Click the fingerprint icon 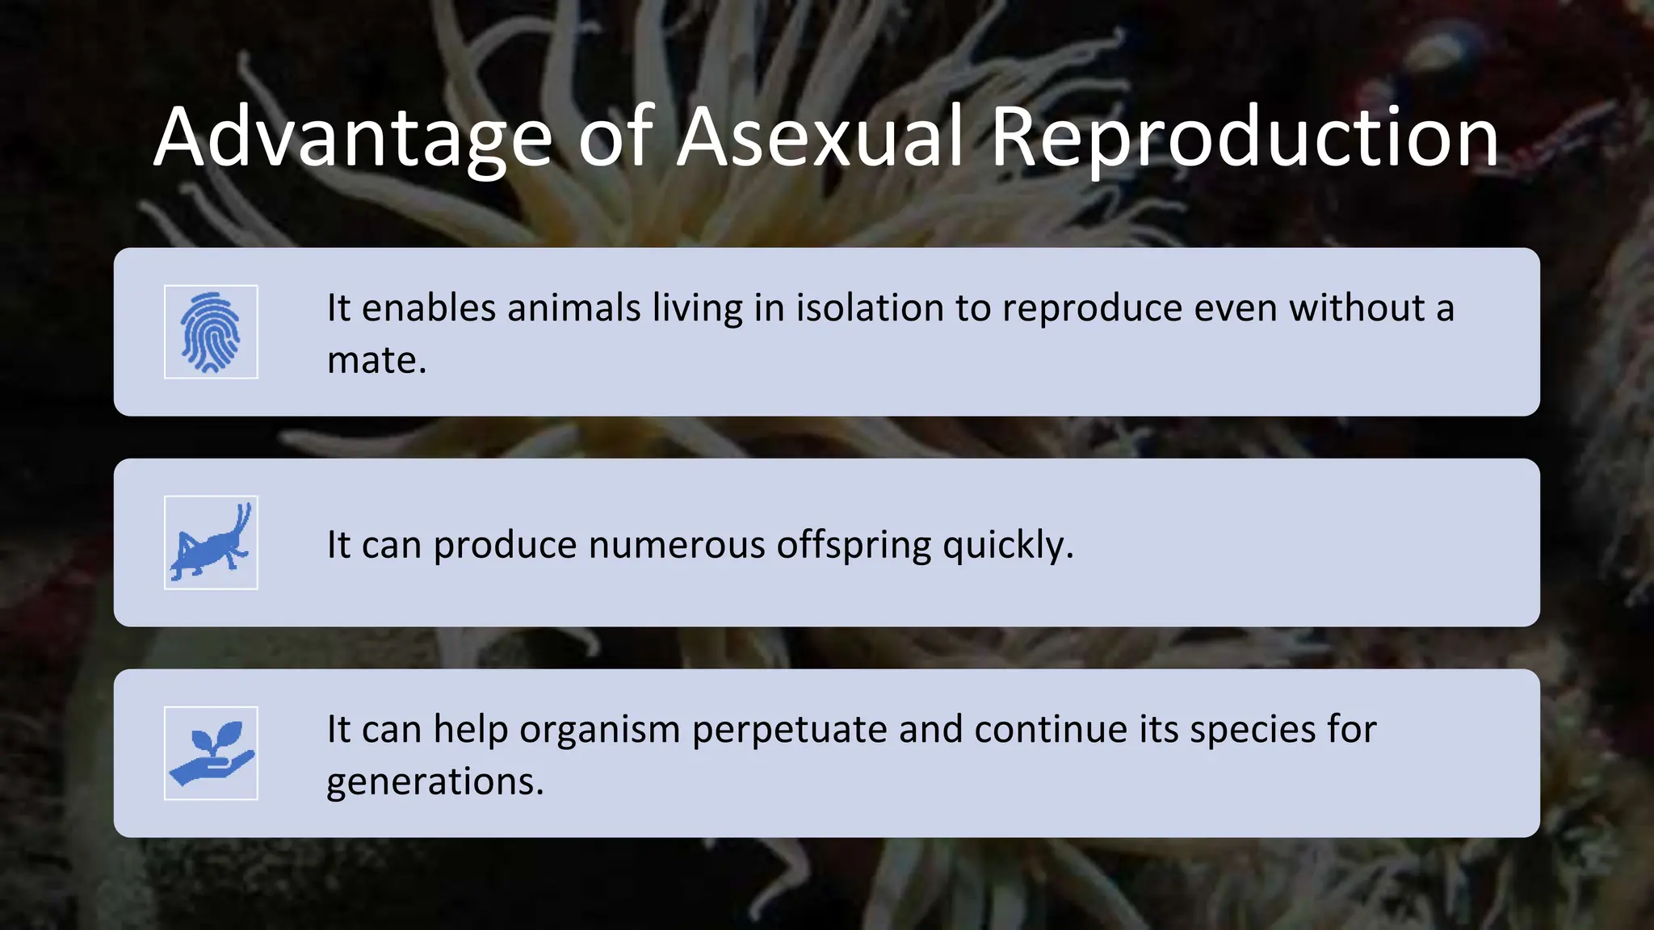coord(211,332)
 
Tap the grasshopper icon coord(211,542)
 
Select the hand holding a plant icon coord(211,753)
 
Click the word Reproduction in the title coord(1245,139)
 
